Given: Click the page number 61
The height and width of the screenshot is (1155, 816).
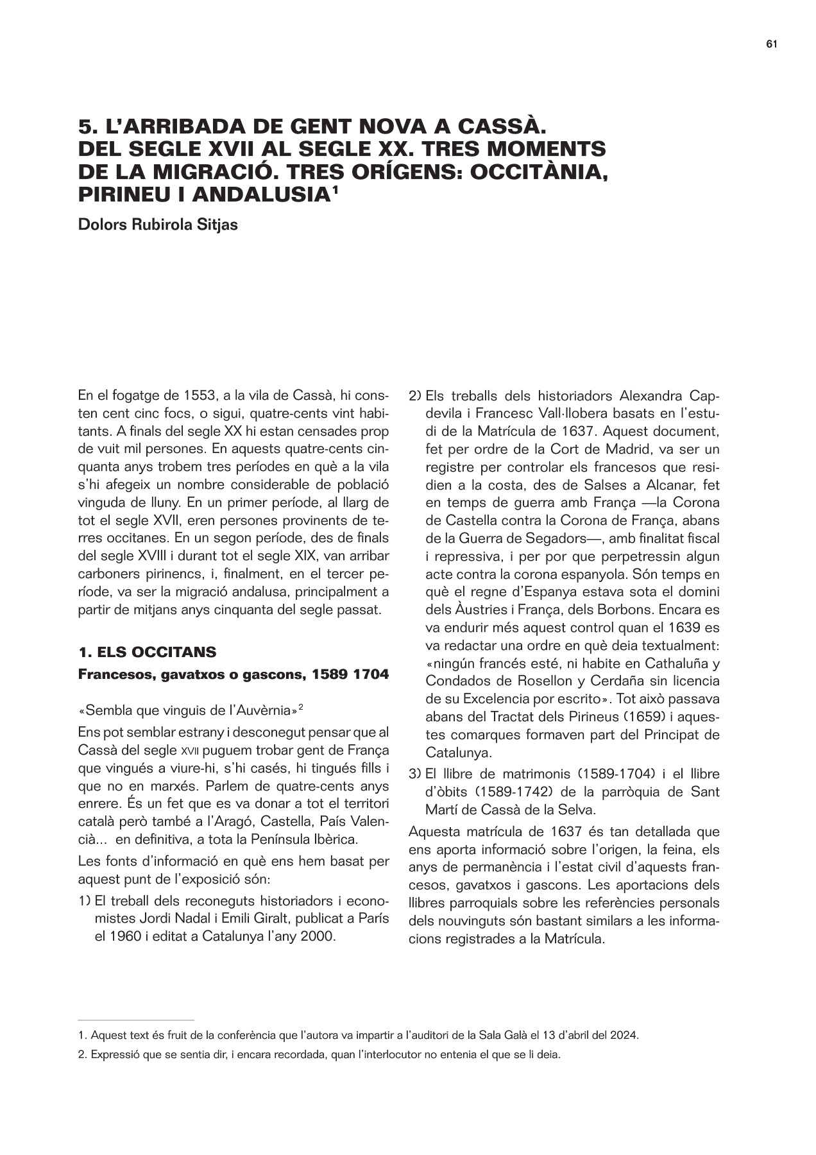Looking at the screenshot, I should (x=772, y=44).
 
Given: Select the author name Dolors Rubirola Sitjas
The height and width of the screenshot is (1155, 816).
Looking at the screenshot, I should (x=158, y=226).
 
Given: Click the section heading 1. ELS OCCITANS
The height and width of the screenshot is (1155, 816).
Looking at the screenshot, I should (x=147, y=653).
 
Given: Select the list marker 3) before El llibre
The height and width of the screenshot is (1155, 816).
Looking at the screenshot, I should (x=414, y=774).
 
